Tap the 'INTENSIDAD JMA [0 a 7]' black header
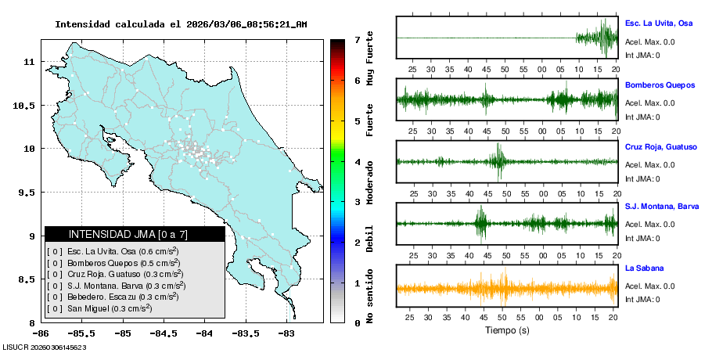(x=135, y=234)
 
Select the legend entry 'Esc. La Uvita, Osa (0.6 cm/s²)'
(x=117, y=252)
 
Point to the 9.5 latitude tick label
(x=24, y=193)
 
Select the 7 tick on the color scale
(x=356, y=40)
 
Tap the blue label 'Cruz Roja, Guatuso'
(x=660, y=146)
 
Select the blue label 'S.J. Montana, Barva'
(x=662, y=207)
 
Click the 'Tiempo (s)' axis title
(x=507, y=330)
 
